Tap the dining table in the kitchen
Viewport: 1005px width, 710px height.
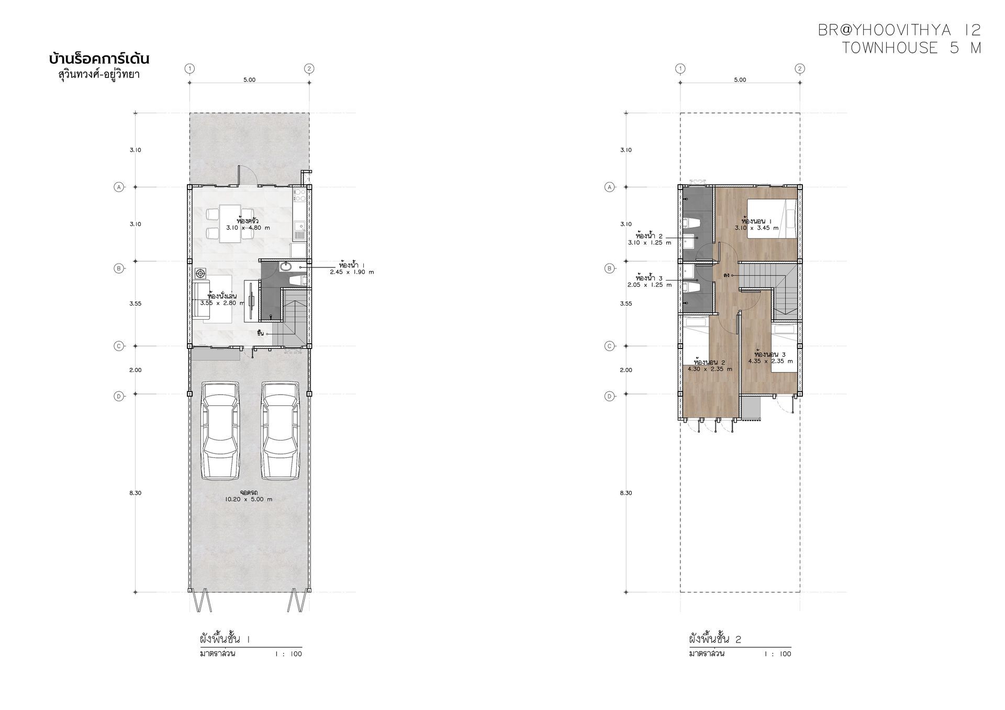tap(230, 224)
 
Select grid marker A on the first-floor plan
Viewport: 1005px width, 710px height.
tap(119, 187)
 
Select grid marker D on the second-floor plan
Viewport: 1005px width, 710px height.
tap(609, 396)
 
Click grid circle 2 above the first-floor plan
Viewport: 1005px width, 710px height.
tap(309, 69)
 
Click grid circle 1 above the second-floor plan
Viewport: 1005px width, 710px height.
tap(680, 69)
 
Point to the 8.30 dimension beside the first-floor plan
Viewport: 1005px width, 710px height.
tap(136, 493)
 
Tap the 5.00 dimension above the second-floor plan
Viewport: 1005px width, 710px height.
tap(740, 80)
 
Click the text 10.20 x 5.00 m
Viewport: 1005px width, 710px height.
tap(249, 499)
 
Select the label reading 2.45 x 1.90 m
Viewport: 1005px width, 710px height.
tap(352, 272)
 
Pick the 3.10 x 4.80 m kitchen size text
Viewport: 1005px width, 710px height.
tap(248, 228)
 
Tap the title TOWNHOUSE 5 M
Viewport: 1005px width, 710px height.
tap(911, 48)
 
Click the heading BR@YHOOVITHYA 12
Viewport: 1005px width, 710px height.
tap(900, 30)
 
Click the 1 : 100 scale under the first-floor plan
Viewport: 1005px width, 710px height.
tap(289, 654)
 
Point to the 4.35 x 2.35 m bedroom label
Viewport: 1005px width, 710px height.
tap(770, 361)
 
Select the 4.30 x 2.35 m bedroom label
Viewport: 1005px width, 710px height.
tap(710, 369)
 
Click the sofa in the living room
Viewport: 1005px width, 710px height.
tap(201, 300)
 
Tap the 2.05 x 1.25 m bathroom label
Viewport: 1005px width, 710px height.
tap(650, 285)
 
